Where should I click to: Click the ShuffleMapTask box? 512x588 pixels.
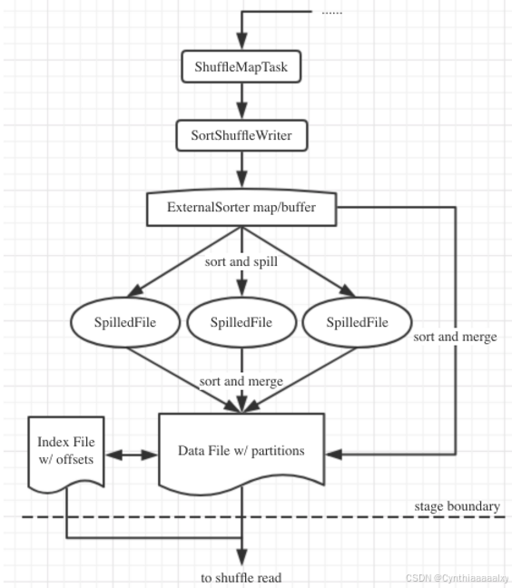pyautogui.click(x=241, y=66)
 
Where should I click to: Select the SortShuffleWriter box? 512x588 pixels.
pyautogui.click(x=241, y=136)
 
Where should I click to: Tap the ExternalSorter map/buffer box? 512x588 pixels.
pyautogui.click(x=241, y=207)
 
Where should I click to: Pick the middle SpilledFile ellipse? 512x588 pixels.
pyautogui.click(x=241, y=322)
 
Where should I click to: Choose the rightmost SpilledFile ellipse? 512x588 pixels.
pyautogui.click(x=356, y=322)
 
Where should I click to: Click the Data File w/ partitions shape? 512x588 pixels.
pyautogui.click(x=241, y=450)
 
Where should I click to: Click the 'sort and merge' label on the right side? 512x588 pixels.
pyautogui.click(x=455, y=337)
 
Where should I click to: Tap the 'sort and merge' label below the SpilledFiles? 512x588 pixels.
pyautogui.click(x=241, y=381)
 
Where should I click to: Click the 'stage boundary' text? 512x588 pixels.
pyautogui.click(x=457, y=505)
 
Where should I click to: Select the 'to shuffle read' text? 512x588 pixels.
pyautogui.click(x=241, y=577)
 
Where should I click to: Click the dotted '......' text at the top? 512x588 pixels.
pyautogui.click(x=331, y=12)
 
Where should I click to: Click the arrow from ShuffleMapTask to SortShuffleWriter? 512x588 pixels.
pyautogui.click(x=241, y=101)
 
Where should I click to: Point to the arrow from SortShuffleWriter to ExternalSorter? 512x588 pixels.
pyautogui.click(x=241, y=171)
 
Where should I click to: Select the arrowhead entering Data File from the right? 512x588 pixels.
pyautogui.click(x=332, y=450)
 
